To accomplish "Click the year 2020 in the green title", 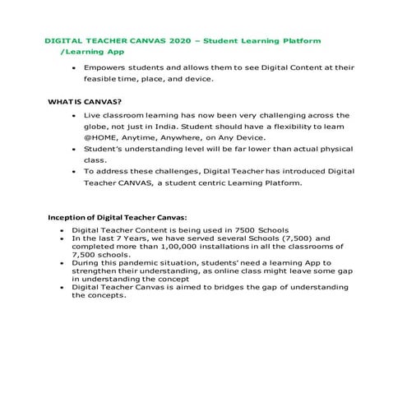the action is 178,39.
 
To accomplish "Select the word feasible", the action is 102,79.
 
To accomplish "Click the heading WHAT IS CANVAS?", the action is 79,102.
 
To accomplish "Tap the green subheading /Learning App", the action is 91,51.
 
